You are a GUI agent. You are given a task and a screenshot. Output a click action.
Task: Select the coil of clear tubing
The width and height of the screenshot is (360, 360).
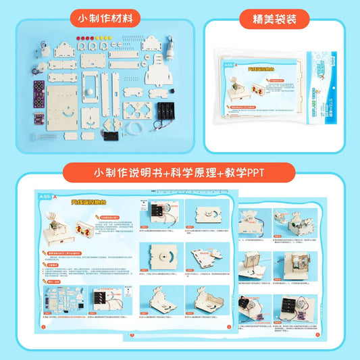point(136,123)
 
